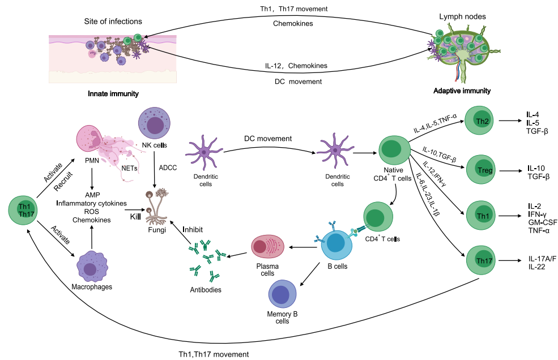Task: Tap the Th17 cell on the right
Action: pos(482,260)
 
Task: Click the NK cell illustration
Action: pos(155,125)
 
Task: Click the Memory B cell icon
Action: pos(282,295)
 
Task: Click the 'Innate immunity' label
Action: pos(113,93)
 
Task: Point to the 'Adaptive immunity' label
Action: pos(462,91)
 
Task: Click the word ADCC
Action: pos(168,168)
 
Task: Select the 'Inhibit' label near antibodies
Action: pos(194,230)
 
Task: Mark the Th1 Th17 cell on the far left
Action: pos(24,210)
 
